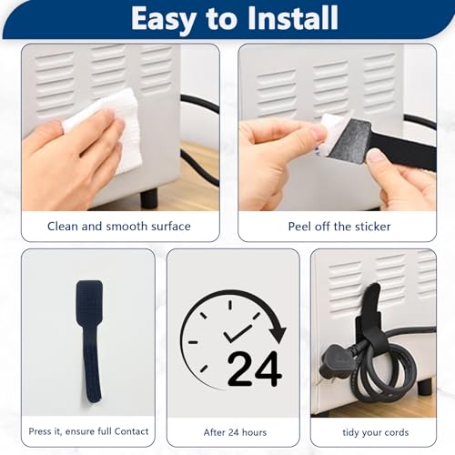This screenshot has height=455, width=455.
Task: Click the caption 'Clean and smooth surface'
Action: (119, 226)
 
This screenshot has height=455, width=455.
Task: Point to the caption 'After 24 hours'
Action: (234, 431)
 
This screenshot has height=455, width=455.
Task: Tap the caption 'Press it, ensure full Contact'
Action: (88, 431)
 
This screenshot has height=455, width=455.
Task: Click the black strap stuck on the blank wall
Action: (89, 337)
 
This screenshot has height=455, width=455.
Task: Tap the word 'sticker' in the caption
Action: (369, 226)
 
